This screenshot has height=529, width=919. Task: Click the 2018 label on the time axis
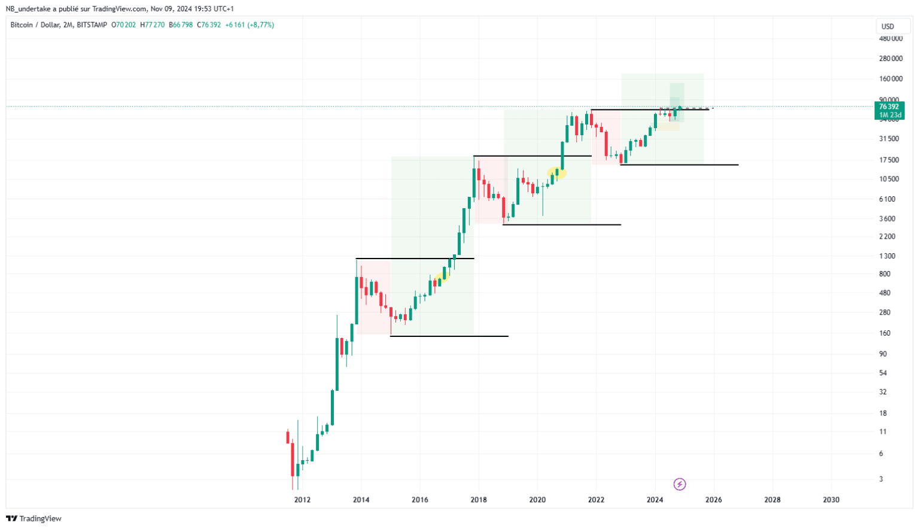coord(478,500)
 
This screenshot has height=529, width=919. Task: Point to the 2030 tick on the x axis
coord(831,500)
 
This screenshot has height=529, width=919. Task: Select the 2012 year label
coord(302,500)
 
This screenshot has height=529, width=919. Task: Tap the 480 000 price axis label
coord(890,38)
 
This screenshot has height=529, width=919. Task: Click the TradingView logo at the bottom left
coord(34,519)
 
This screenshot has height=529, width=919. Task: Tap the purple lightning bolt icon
coord(680,484)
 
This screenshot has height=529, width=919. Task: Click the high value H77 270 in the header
coord(150,25)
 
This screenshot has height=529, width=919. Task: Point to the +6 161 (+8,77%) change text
coord(249,25)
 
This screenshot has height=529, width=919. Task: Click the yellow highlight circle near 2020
coord(557,172)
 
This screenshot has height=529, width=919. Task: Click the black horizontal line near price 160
coord(449,336)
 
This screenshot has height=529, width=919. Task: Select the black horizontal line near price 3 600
coord(562,224)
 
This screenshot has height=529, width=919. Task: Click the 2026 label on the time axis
coord(713,500)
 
